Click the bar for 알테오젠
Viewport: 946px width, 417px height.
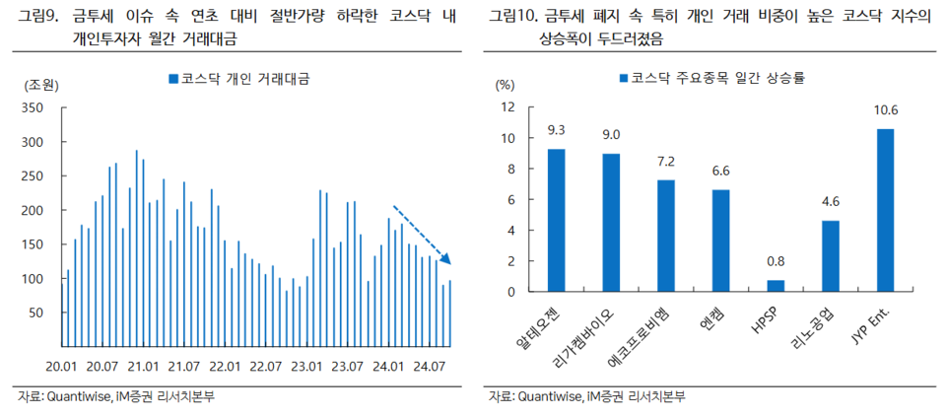(557, 220)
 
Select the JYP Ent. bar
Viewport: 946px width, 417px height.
(885, 210)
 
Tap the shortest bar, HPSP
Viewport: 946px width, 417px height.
(776, 286)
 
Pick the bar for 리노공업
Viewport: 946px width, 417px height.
(831, 256)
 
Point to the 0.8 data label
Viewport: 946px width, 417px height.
(776, 262)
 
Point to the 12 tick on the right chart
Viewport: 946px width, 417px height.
(507, 108)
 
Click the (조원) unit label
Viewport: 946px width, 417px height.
(39, 86)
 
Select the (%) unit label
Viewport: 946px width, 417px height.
(505, 86)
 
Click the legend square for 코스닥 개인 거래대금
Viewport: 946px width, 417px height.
(172, 78)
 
